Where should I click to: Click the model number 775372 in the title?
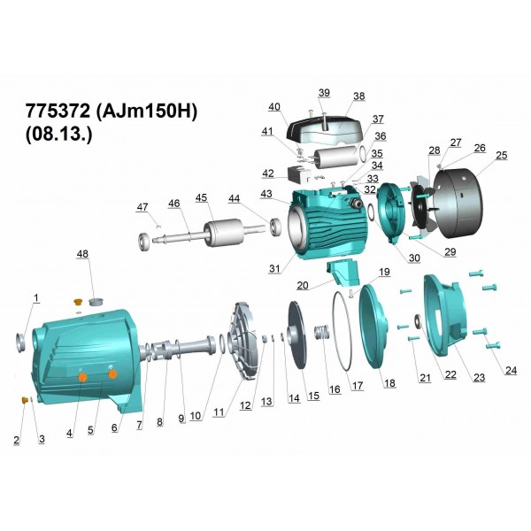[x=58, y=111]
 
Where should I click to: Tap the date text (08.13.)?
[x=59, y=135]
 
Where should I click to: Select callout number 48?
[x=82, y=254]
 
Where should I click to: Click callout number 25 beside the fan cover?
[x=502, y=155]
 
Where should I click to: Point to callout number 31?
[x=274, y=268]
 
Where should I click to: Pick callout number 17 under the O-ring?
[x=358, y=385]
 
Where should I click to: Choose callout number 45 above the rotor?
[x=201, y=197]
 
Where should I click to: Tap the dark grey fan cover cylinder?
[x=458, y=199]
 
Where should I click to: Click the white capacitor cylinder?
[x=335, y=156]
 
